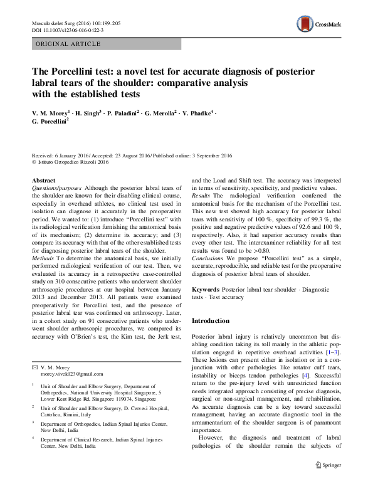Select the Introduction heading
(x=211, y=320)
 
